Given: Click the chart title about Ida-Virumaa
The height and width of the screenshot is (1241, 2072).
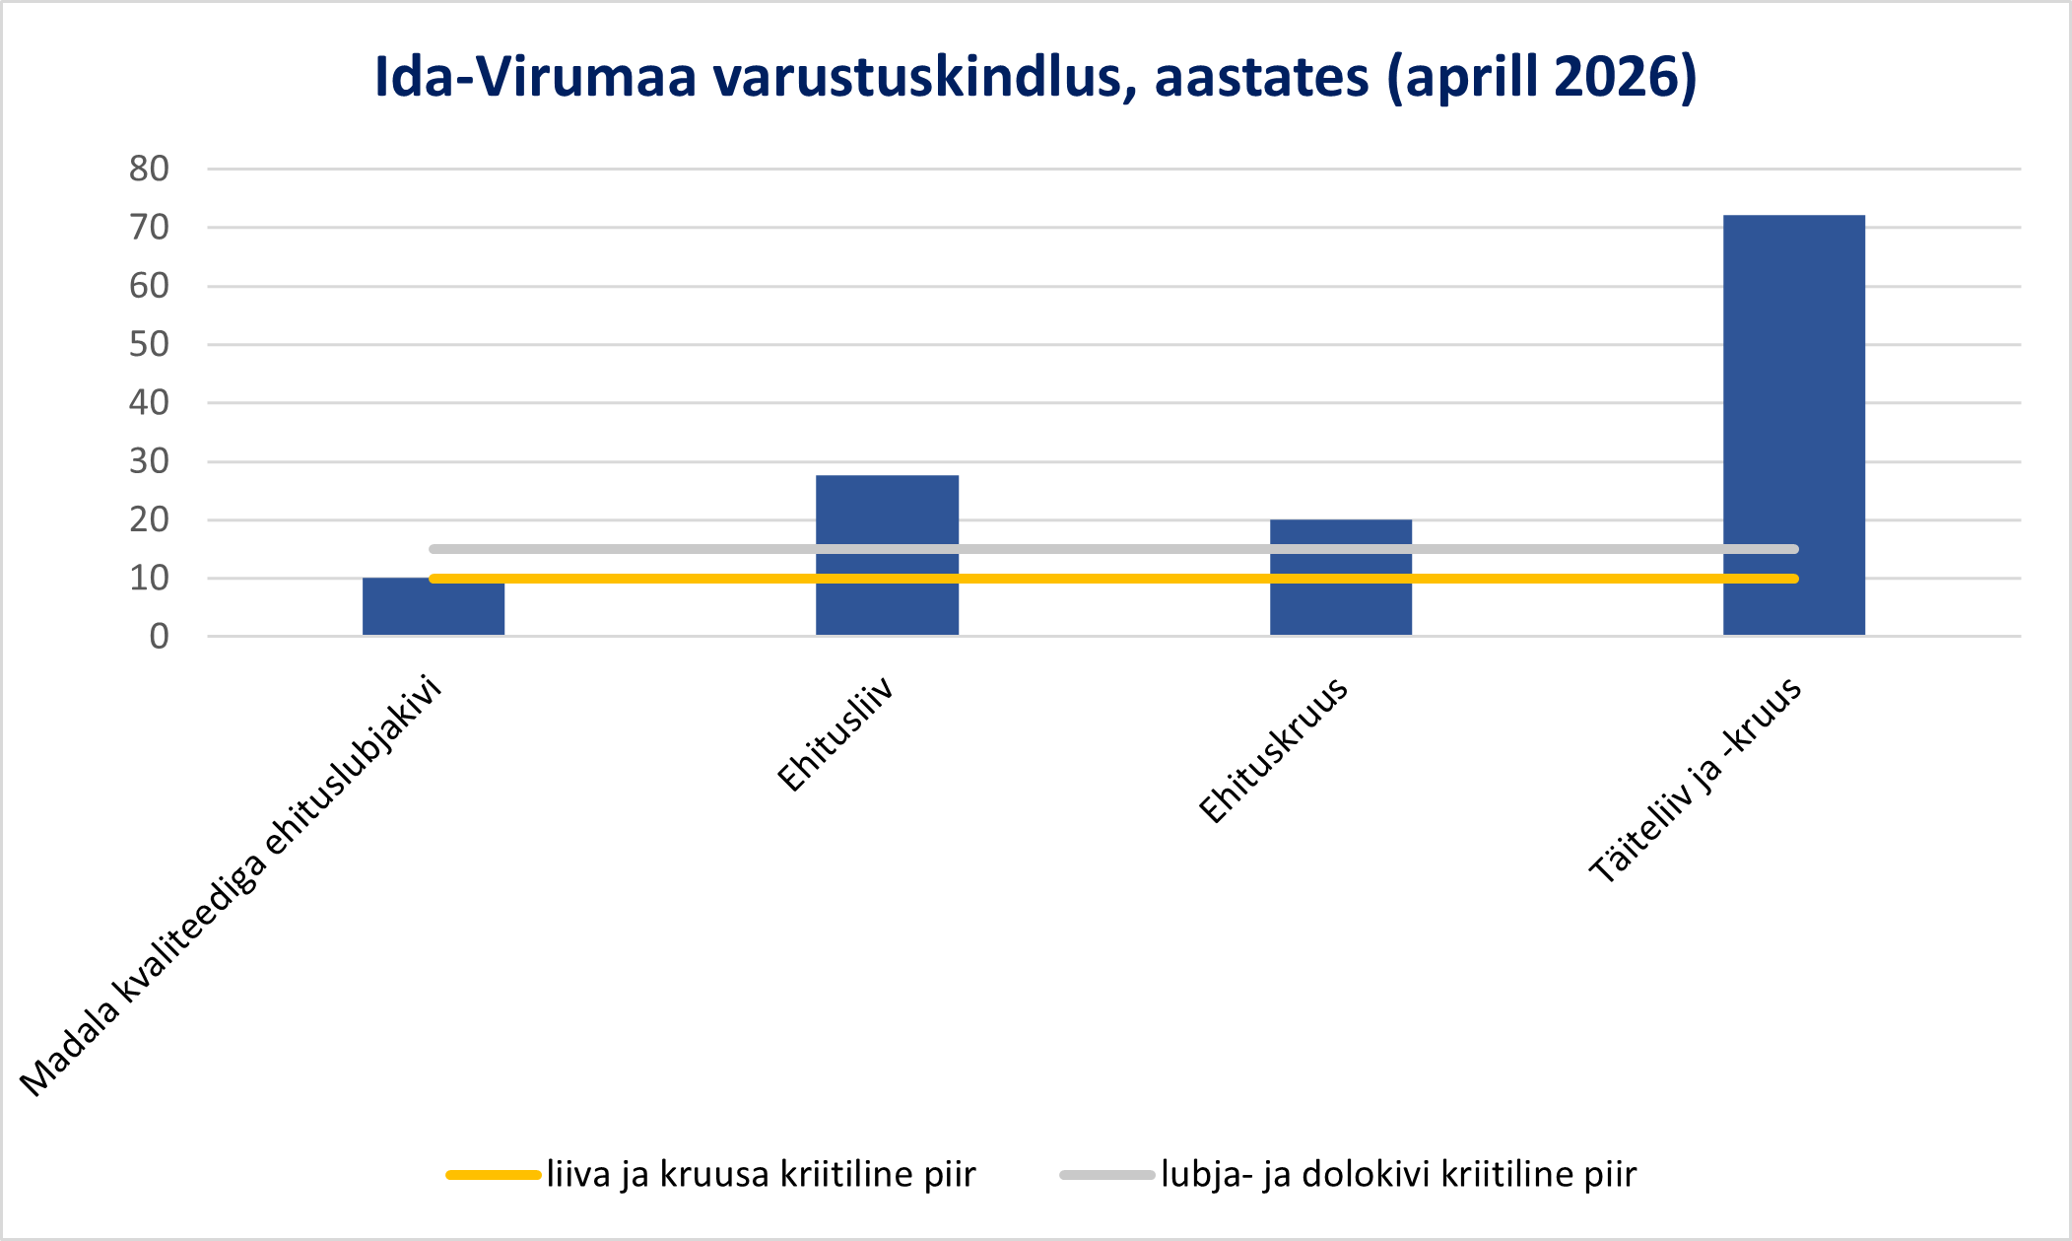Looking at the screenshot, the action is pos(1036,77).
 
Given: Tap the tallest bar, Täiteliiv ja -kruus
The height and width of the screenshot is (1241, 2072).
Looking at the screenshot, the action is pos(1793,425).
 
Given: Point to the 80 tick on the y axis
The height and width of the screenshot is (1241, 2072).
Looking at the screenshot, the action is pos(149,169).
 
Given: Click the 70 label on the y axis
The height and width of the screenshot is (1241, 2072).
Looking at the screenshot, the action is pos(149,227).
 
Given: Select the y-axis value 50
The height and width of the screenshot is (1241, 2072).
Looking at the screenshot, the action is pos(149,344).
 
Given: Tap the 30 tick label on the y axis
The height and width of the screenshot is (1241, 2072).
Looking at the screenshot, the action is pos(149,460).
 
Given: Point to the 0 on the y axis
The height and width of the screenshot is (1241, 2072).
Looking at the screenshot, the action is pos(160,637).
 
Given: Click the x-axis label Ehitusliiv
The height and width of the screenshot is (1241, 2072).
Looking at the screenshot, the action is pos(835,733).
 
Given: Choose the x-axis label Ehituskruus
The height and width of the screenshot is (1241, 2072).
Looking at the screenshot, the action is pos(1273,750).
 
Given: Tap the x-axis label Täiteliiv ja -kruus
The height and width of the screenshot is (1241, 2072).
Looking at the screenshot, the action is pos(1695,779).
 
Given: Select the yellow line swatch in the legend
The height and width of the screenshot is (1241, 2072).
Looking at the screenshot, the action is pos(494,1175).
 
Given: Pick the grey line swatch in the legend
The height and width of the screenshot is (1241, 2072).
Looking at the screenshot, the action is pos(1107,1175).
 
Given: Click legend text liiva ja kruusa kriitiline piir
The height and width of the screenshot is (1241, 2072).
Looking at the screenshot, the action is pos(762,1175).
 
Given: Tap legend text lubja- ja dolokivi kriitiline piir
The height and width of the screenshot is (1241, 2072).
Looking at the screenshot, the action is pos(1399,1175).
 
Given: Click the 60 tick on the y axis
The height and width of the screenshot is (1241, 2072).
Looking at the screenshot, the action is pos(149,286).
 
